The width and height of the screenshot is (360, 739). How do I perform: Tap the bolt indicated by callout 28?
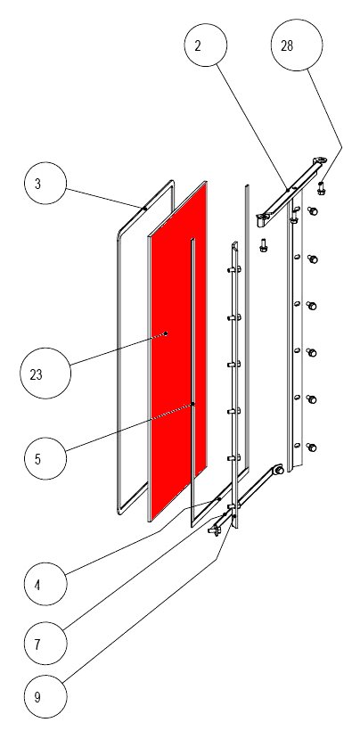pos(320,187)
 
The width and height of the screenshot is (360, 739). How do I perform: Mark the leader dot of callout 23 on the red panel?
pos(166,333)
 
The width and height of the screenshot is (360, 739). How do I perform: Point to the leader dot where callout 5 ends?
pos(193,405)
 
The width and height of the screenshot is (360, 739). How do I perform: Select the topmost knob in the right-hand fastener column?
pos(313,211)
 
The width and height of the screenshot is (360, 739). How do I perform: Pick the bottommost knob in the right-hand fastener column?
pos(313,446)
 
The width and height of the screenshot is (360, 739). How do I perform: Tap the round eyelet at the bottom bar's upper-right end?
pos(278,469)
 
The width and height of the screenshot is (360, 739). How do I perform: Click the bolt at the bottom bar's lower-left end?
pos(214,531)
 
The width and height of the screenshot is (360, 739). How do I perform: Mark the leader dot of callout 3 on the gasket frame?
pos(143,208)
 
